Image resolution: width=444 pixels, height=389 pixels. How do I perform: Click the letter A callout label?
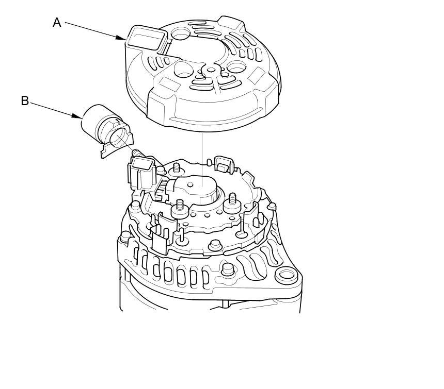point(57,22)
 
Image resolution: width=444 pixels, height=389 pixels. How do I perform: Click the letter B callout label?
point(25,100)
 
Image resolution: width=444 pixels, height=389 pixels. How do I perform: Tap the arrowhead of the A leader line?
point(121,38)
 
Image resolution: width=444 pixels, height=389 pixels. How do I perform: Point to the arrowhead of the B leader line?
point(77,116)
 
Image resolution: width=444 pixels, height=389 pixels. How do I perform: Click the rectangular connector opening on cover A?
point(147,38)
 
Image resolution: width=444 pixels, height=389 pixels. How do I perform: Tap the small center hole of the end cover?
point(211,70)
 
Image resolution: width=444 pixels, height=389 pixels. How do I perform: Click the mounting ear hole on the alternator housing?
point(287,275)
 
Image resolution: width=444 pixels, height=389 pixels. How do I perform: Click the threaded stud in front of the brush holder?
point(180,209)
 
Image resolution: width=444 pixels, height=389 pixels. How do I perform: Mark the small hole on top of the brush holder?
point(191,184)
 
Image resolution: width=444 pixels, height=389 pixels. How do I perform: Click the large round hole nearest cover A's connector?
point(180,35)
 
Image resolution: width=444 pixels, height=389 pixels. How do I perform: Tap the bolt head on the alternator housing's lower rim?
point(227,269)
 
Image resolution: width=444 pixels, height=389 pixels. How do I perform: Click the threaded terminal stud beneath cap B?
point(139,154)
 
